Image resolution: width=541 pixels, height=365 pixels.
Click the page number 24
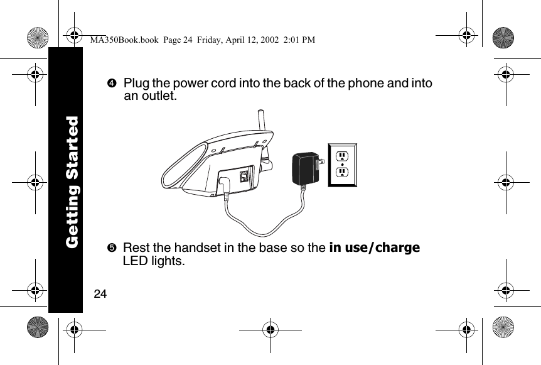(x=100, y=294)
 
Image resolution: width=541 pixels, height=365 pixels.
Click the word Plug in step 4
(x=136, y=84)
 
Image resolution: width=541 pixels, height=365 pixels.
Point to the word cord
(x=221, y=84)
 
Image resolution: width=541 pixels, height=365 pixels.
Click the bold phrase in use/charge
(x=374, y=248)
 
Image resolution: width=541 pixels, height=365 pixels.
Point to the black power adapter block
(x=306, y=168)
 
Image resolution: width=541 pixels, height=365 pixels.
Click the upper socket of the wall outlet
(x=342, y=156)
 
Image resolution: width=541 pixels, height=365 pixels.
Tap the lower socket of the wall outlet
(x=342, y=173)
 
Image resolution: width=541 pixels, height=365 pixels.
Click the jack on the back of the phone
(x=244, y=176)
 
